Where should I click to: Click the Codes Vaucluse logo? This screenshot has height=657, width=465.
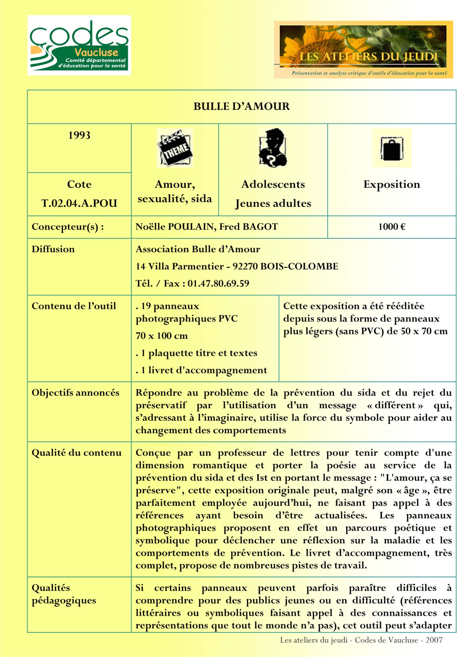click(x=79, y=45)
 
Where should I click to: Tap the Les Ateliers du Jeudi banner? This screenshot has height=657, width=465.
click(x=363, y=50)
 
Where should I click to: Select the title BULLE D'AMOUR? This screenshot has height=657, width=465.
click(x=241, y=106)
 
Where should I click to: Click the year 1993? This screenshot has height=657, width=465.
click(x=79, y=135)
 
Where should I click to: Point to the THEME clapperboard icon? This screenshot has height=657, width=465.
click(x=175, y=148)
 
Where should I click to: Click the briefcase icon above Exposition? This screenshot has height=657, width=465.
click(x=391, y=148)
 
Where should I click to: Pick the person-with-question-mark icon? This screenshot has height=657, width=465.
click(x=273, y=148)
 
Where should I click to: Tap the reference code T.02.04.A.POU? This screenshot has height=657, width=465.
click(x=79, y=203)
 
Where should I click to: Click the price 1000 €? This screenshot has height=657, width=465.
click(x=391, y=227)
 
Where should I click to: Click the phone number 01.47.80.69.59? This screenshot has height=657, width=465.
click(x=218, y=283)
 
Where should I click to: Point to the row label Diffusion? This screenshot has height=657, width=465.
click(x=53, y=249)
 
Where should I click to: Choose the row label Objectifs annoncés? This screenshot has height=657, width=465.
click(x=75, y=393)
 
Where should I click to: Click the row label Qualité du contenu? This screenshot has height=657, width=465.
click(x=77, y=453)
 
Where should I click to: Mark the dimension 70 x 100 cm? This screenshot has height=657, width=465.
click(x=162, y=336)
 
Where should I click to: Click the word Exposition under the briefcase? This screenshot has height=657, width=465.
click(x=391, y=185)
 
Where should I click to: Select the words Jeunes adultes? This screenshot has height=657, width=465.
click(x=273, y=204)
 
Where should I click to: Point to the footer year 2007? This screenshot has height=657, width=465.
click(x=434, y=640)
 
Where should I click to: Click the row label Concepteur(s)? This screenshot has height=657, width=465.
click(x=68, y=227)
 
